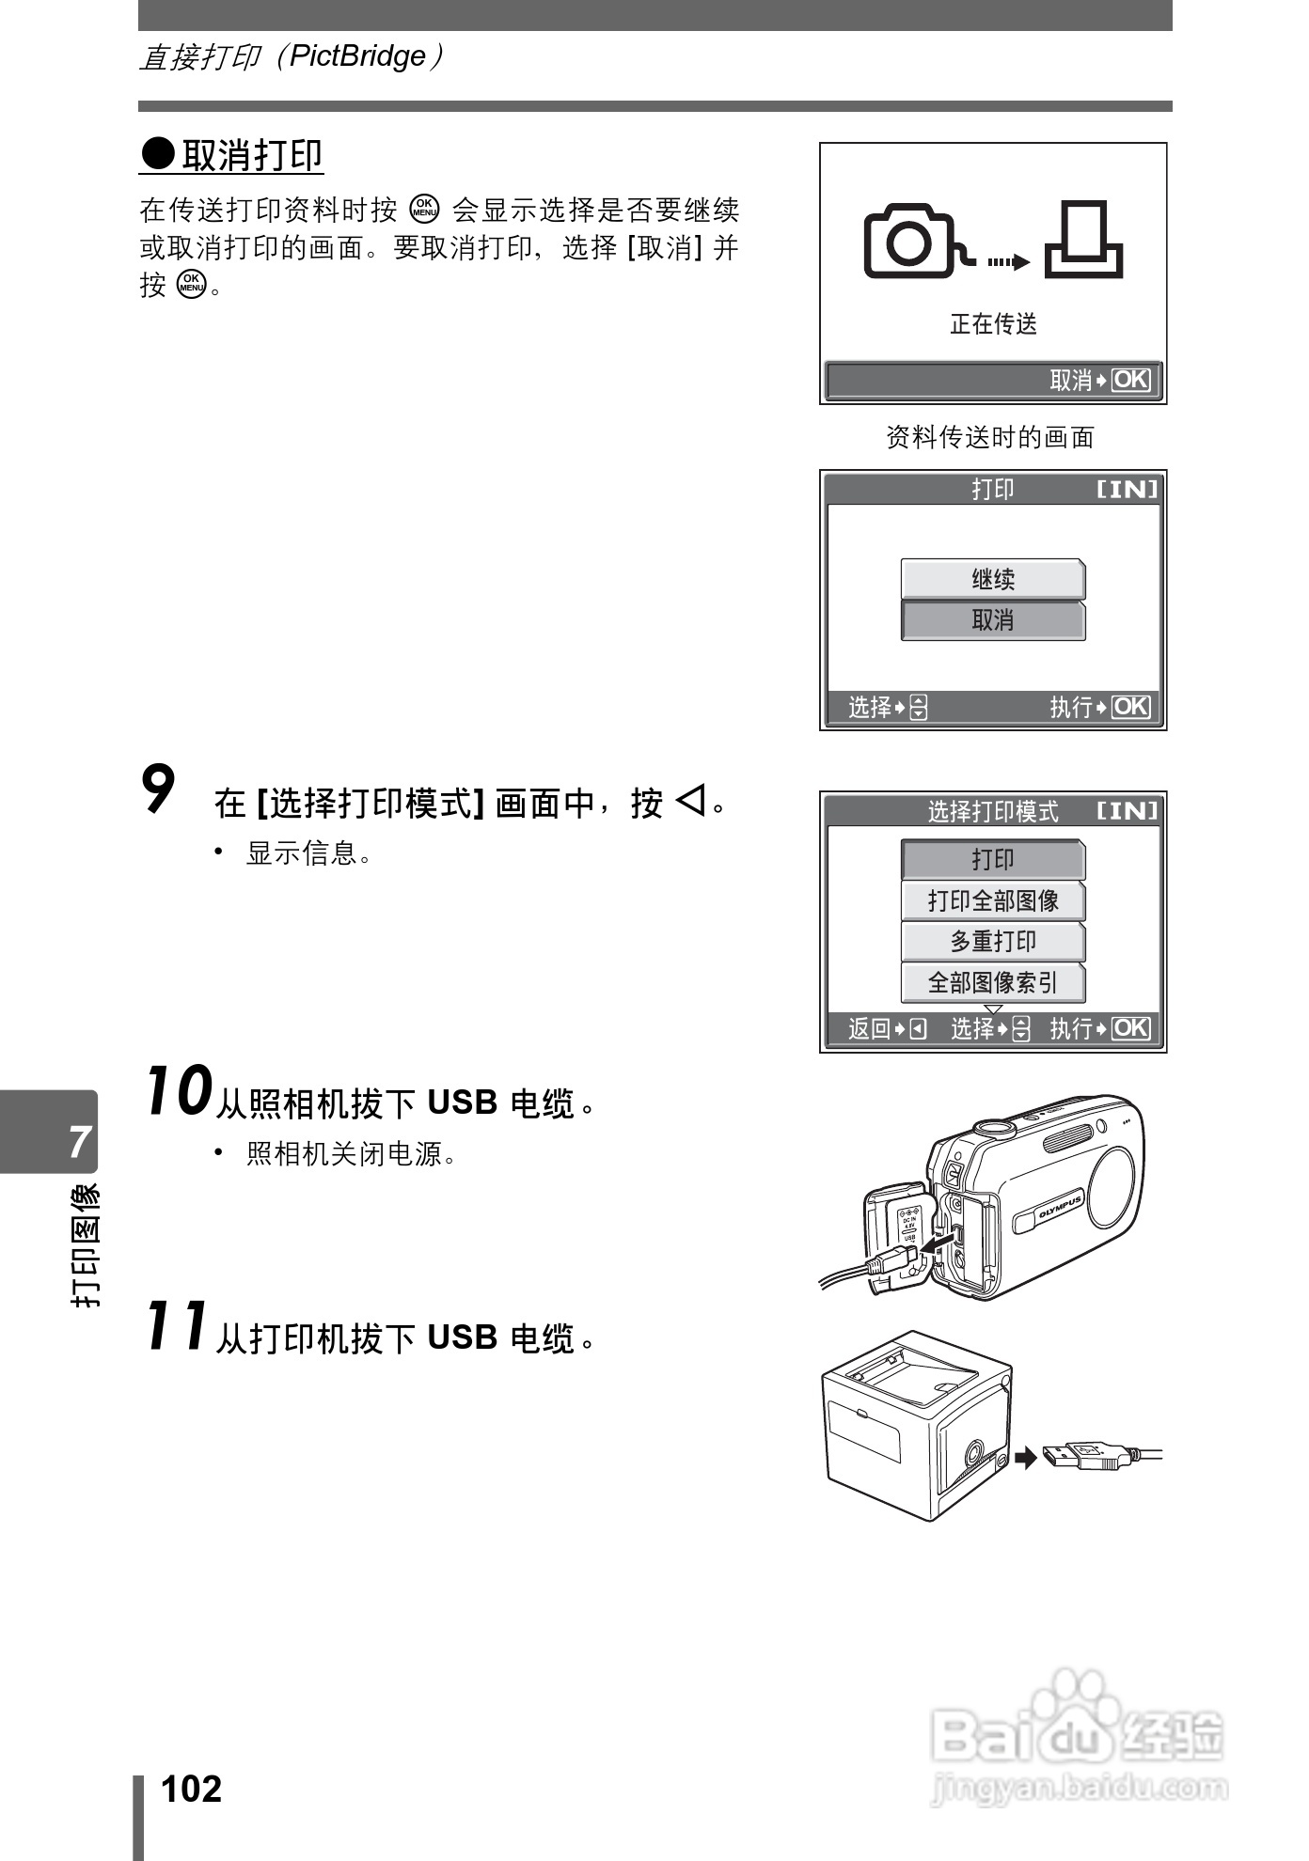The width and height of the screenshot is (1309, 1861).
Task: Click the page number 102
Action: (191, 1789)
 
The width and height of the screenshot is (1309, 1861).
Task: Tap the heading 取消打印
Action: (251, 156)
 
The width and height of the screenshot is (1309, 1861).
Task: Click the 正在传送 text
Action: (993, 324)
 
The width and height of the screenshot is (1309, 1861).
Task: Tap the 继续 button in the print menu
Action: (993, 579)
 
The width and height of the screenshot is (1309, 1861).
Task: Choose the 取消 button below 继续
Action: (993, 620)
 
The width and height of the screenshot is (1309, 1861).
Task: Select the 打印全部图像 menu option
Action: (993, 900)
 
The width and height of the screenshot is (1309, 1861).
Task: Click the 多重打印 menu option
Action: (993, 942)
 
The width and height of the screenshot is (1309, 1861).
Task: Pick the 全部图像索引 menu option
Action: (993, 983)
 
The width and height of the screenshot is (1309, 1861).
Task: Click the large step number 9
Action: (159, 790)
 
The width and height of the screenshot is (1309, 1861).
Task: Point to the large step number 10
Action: (178, 1091)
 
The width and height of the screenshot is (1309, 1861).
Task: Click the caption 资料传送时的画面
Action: (990, 437)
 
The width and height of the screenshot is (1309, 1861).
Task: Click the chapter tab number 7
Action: (79, 1142)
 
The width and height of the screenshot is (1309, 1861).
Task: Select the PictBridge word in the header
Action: (357, 56)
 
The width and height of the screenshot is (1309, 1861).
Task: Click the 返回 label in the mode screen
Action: (868, 1029)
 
